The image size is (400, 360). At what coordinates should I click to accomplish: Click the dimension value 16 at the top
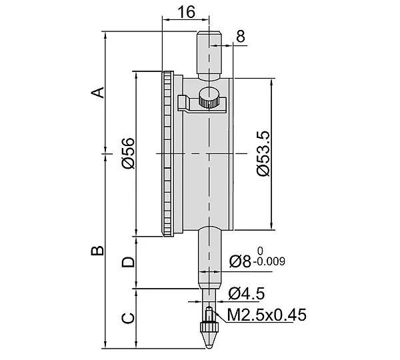(186, 12)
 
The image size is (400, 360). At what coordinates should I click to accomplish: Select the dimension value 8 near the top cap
(240, 36)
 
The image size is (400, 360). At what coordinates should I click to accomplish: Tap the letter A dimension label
(98, 93)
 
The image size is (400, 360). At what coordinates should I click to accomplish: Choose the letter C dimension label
(128, 318)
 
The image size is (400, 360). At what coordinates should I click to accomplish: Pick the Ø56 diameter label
(128, 153)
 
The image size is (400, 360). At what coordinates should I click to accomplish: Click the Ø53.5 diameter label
(263, 153)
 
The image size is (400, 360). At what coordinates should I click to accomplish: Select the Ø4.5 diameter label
(247, 293)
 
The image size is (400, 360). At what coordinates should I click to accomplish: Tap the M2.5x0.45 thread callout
(267, 315)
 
